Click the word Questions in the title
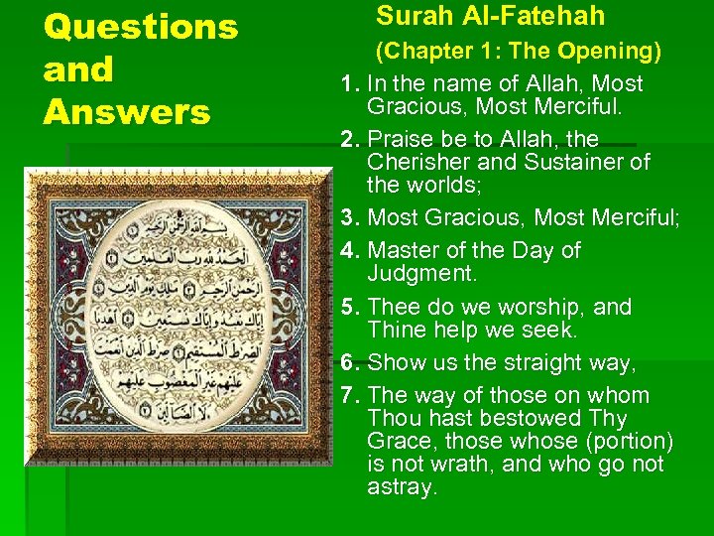pyautogui.click(x=141, y=27)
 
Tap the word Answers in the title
pyautogui.click(x=127, y=112)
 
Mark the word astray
pyautogui.click(x=401, y=487)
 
